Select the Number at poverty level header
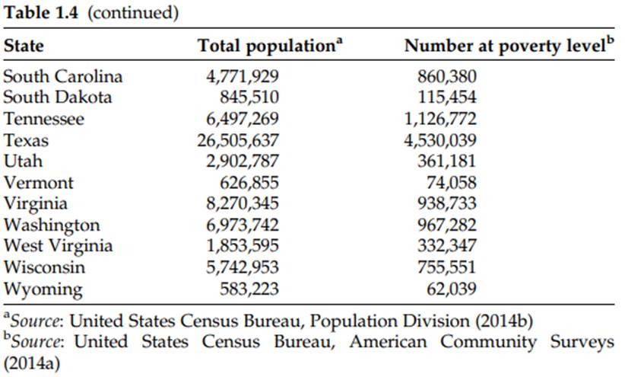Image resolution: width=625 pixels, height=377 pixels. [508, 46]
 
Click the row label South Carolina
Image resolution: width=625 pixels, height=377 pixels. [62, 76]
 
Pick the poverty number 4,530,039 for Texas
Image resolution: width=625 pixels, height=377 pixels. [447, 140]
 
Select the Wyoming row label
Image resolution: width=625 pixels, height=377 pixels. [43, 289]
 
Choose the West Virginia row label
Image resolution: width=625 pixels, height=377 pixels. [58, 247]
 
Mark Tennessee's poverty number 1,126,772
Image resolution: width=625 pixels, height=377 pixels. [447, 119]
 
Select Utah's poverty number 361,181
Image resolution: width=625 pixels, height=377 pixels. [452, 161]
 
